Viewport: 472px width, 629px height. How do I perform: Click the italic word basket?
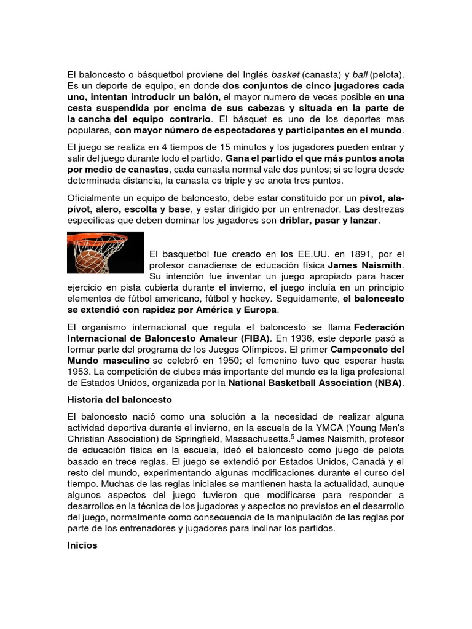[286, 74]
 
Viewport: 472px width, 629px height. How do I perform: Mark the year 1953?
[79, 372]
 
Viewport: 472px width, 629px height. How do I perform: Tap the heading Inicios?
[82, 545]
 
